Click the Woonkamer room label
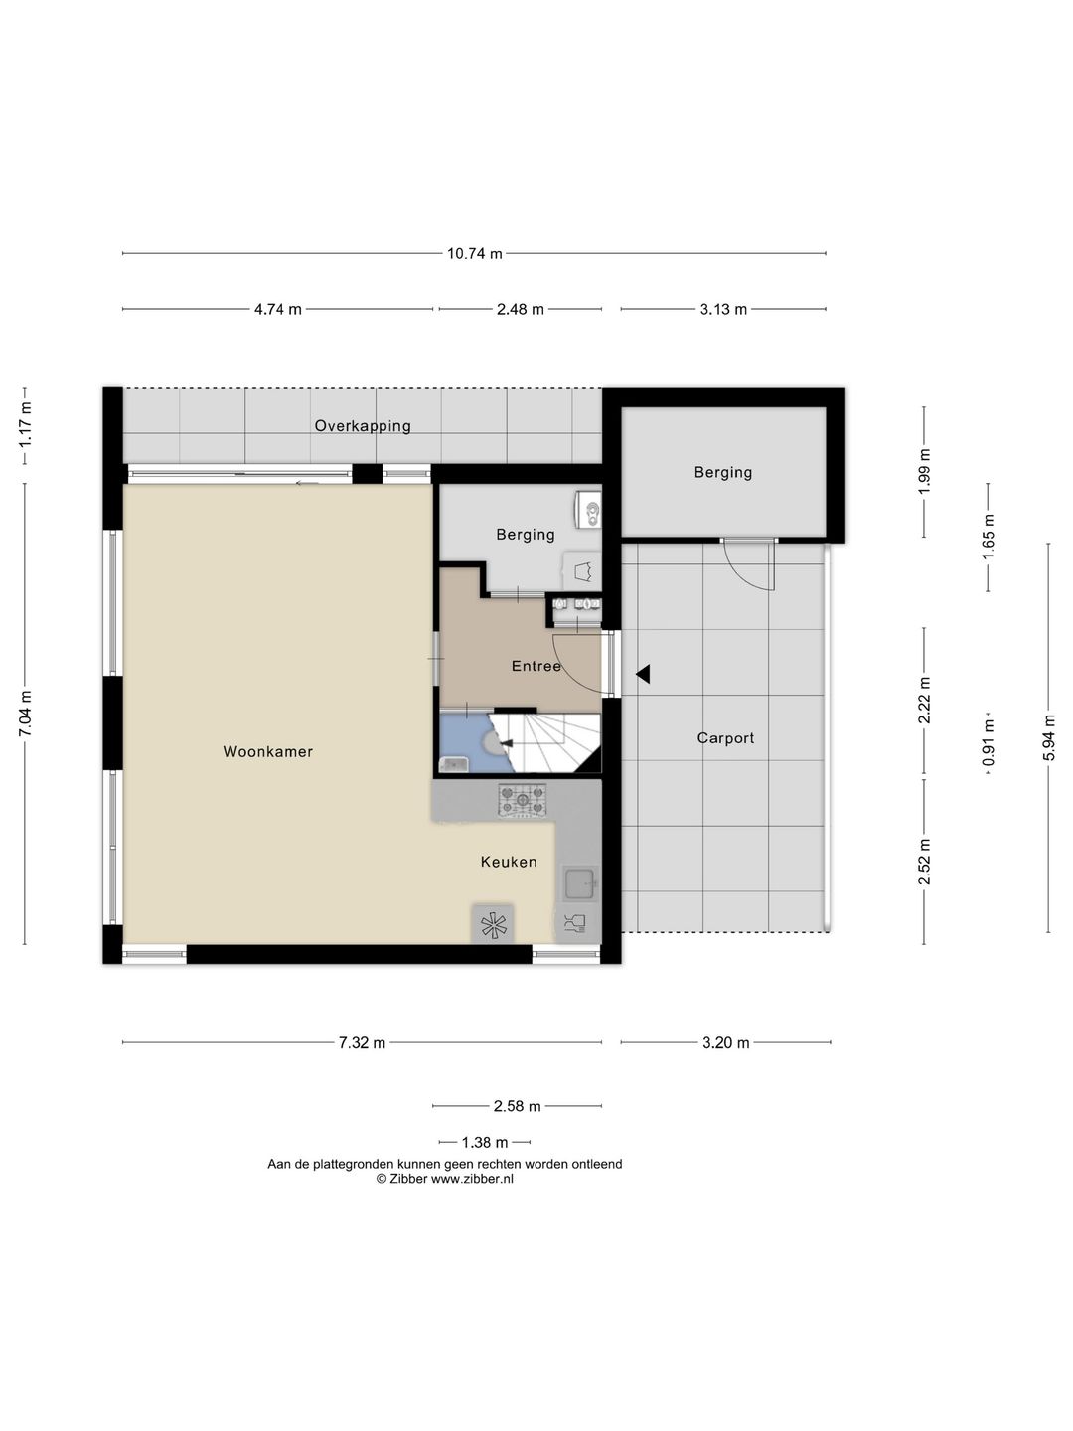(268, 751)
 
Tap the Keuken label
(509, 862)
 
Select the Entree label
(536, 666)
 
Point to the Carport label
(725, 738)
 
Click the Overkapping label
(363, 426)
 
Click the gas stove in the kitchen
(523, 799)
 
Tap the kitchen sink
(579, 883)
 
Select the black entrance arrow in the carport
(643, 674)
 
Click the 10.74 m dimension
(474, 253)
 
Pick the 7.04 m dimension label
(25, 714)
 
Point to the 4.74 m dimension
(277, 309)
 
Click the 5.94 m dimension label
(1048, 737)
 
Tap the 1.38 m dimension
(484, 1142)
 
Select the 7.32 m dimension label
(362, 1042)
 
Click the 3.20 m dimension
(725, 1042)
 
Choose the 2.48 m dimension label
(520, 309)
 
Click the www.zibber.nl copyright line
(444, 1178)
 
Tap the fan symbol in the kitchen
(492, 924)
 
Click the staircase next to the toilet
(544, 742)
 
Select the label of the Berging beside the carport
(722, 472)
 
